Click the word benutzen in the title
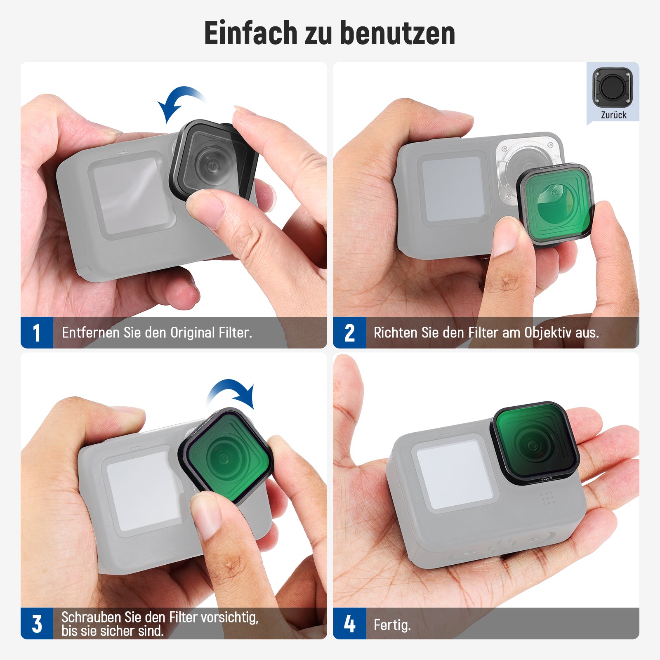point(398,33)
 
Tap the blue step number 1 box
point(37,332)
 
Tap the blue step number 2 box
point(349,332)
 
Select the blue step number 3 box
point(37,623)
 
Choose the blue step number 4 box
point(349,623)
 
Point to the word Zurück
point(613,115)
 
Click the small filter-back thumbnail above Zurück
point(613,87)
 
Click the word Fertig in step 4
point(391,625)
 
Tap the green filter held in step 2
point(555,204)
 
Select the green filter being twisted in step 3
point(226,455)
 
